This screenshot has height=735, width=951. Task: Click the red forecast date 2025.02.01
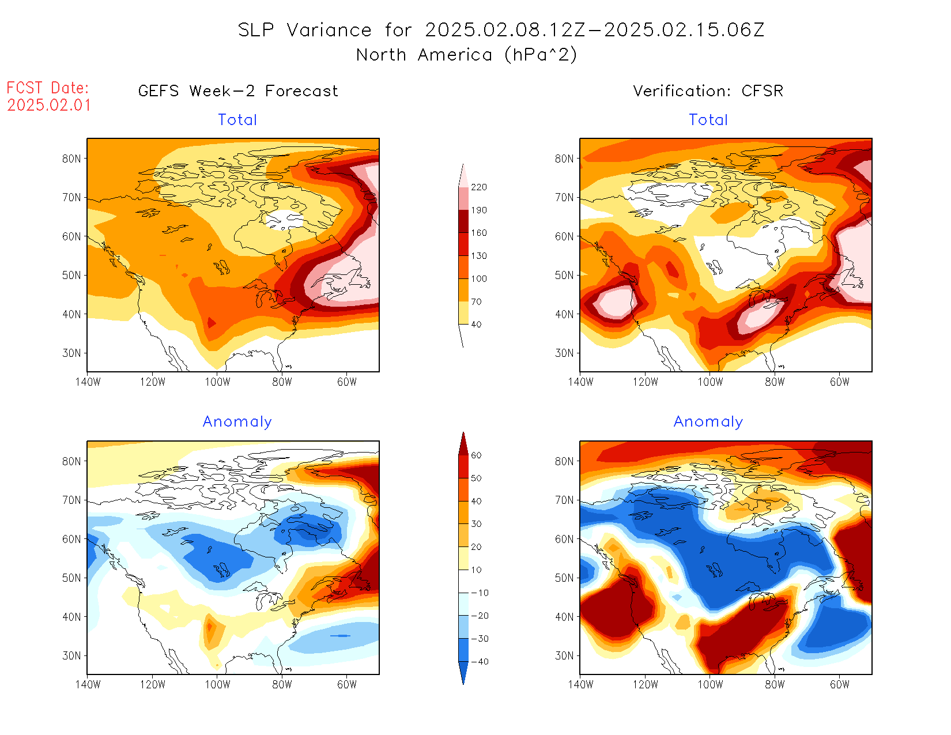[49, 105]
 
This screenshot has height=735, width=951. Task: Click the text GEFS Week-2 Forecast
[238, 91]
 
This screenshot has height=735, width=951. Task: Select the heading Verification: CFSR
[708, 91]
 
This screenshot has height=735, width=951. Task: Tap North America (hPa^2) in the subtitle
[466, 55]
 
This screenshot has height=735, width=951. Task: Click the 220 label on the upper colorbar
[478, 187]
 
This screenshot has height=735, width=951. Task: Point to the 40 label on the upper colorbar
[476, 325]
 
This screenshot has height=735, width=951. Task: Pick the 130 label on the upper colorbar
[478, 256]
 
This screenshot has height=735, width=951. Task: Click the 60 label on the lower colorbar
[476, 455]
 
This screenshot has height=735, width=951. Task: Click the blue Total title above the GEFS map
[237, 120]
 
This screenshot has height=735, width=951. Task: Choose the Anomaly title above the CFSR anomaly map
[708, 422]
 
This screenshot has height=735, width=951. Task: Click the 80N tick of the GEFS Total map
[71, 159]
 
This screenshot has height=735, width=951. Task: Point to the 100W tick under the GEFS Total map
[217, 382]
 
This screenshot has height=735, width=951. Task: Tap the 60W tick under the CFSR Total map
[839, 382]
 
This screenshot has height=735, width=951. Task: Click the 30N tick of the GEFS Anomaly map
[71, 655]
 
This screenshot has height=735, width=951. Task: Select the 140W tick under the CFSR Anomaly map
[580, 684]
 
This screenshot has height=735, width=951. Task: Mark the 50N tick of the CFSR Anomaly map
[564, 578]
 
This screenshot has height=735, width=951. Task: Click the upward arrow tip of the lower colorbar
[463, 434]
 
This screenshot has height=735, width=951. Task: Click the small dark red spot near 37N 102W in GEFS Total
[211, 322]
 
